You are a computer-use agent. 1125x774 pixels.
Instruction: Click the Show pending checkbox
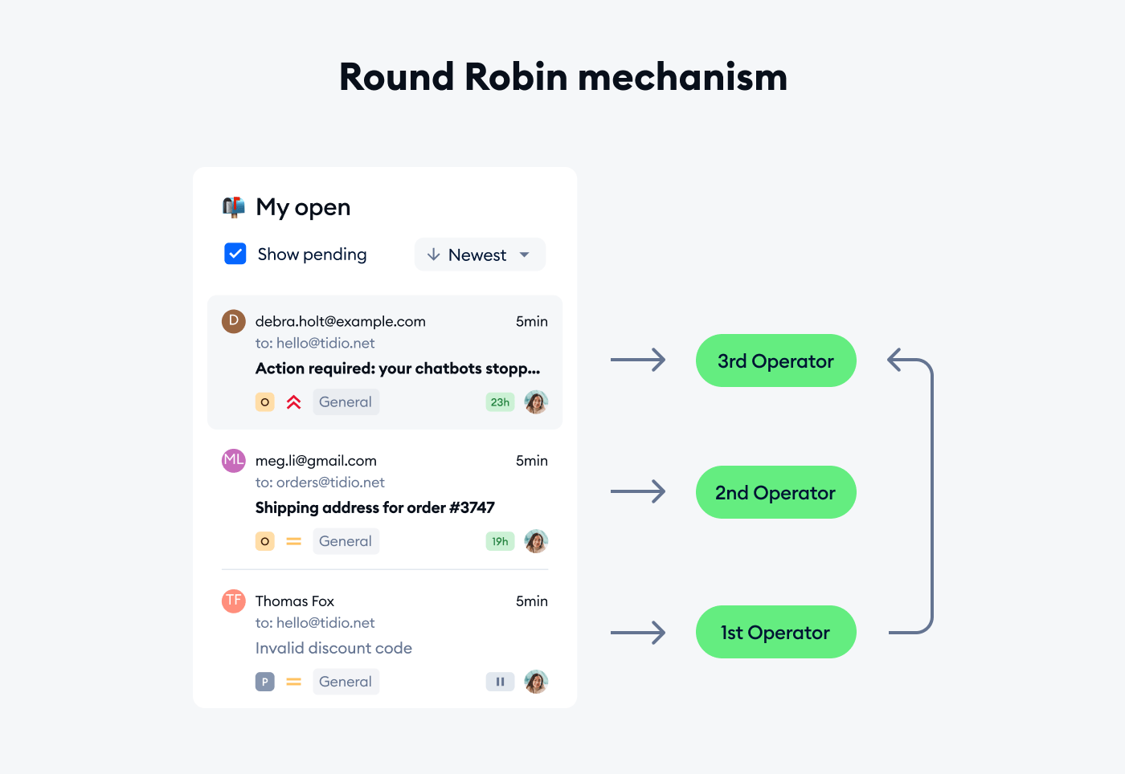point(235,254)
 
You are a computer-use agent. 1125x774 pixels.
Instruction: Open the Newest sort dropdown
point(480,255)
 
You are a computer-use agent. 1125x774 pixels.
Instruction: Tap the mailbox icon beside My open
point(234,207)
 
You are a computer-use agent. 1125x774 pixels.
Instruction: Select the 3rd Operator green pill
point(775,361)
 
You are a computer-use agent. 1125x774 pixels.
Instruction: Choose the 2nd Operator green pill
point(775,492)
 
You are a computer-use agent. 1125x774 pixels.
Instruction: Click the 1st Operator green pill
point(775,632)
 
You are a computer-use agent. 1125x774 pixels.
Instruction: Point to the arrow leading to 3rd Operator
point(638,360)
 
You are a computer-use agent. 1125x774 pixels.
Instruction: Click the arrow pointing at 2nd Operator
point(638,491)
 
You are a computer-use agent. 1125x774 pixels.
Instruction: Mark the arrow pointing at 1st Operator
point(638,633)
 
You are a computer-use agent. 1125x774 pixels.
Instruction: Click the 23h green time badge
point(500,402)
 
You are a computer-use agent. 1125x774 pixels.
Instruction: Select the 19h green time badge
point(500,541)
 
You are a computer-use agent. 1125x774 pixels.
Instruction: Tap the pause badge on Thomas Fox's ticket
point(500,682)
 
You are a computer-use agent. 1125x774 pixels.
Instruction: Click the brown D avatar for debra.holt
point(234,321)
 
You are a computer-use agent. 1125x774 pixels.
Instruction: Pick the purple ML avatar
point(234,460)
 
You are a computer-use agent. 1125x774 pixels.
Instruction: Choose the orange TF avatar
point(234,601)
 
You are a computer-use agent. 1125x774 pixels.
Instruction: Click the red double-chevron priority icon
point(294,402)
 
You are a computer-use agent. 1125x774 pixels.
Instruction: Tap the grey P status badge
point(265,682)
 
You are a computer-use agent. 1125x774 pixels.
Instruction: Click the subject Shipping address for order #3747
point(374,507)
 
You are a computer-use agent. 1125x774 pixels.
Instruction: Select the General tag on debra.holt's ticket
point(346,402)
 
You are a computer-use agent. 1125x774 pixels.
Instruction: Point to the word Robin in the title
point(516,77)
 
